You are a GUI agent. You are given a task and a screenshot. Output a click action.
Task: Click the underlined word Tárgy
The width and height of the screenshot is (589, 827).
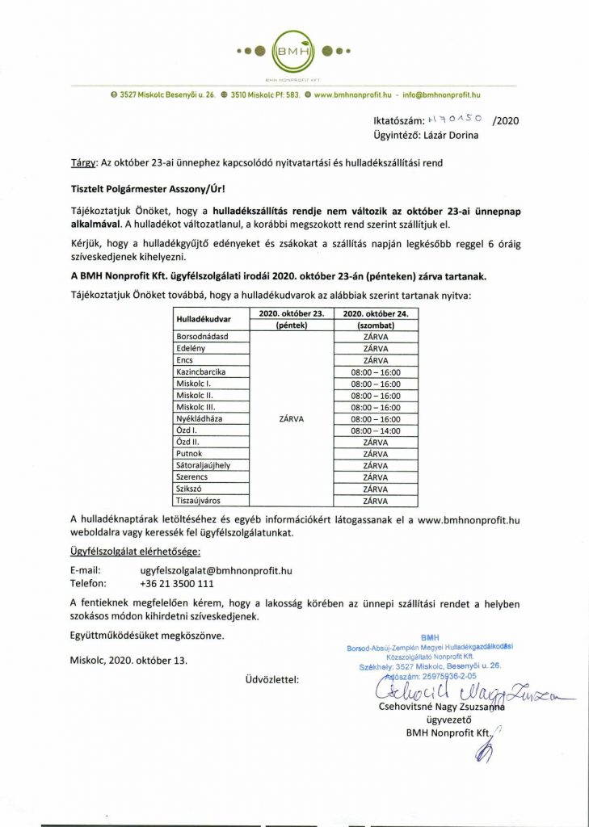(x=83, y=162)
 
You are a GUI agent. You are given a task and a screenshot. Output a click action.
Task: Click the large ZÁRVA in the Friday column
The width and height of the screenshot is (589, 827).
(x=291, y=418)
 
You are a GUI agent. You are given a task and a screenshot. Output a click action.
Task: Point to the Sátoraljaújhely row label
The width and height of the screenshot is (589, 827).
(x=204, y=466)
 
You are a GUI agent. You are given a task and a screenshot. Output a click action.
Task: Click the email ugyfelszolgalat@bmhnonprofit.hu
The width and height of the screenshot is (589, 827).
(x=215, y=570)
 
